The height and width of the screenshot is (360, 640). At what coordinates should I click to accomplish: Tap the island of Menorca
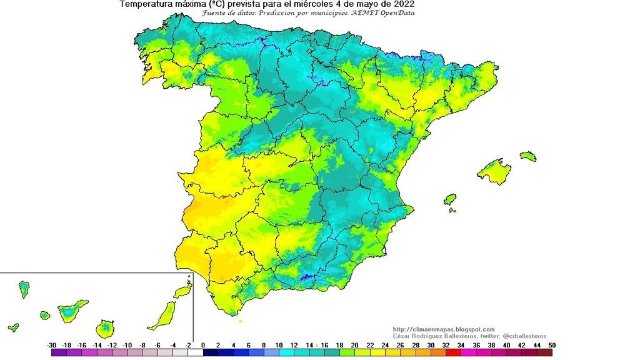(x=528, y=156)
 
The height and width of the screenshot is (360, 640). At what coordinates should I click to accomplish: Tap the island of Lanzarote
(x=182, y=291)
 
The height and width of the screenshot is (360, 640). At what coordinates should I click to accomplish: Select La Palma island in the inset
(x=24, y=288)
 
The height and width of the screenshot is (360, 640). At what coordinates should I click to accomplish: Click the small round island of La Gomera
(x=45, y=316)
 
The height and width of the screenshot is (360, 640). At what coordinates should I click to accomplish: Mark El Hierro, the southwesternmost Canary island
(x=13, y=327)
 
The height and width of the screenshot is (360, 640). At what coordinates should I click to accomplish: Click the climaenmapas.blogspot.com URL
(x=444, y=329)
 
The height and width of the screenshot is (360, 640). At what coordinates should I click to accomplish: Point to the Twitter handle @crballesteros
(x=520, y=336)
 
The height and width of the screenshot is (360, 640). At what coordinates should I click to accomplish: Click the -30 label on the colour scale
(x=52, y=345)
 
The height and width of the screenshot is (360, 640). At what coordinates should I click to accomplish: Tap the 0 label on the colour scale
(x=203, y=345)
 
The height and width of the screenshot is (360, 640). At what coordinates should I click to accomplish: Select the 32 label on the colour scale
(x=446, y=345)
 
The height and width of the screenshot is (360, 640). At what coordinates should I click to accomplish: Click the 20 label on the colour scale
(x=354, y=345)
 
